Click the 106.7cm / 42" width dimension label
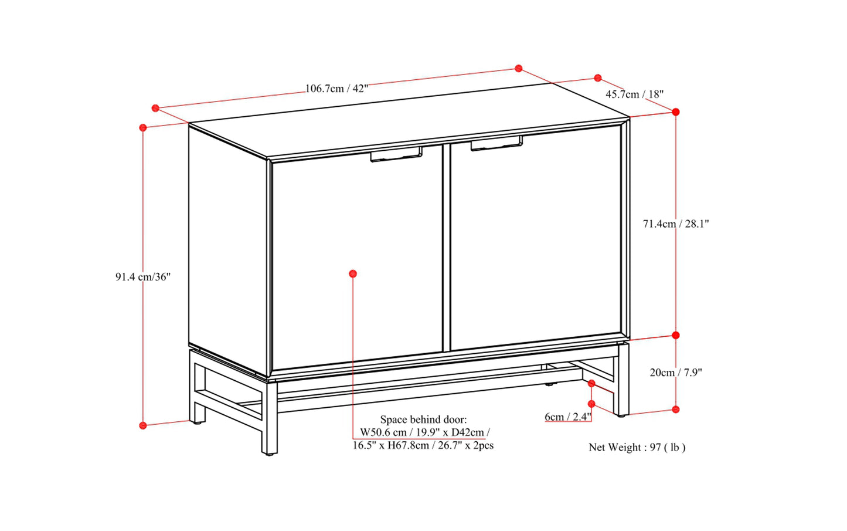click(x=336, y=89)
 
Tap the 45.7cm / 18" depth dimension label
click(x=634, y=94)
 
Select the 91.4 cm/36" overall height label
click(x=143, y=277)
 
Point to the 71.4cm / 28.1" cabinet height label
click(x=676, y=224)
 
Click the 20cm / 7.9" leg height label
click(x=676, y=373)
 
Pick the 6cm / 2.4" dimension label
click(x=567, y=417)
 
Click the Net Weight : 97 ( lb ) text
click(x=637, y=447)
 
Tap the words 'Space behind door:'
click(x=423, y=420)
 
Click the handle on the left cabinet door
click(x=396, y=154)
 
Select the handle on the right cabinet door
click(x=496, y=143)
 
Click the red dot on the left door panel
click(x=353, y=273)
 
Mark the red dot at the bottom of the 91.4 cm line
click(x=143, y=425)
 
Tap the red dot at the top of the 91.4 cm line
click(x=143, y=127)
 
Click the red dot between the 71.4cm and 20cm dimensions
click(x=676, y=335)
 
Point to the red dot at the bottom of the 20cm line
click(x=676, y=409)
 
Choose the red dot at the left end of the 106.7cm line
click(x=155, y=108)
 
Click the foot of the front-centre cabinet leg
click(x=269, y=453)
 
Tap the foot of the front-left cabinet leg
click(x=196, y=421)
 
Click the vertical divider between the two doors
click(x=447, y=248)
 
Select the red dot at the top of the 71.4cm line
click(x=676, y=112)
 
